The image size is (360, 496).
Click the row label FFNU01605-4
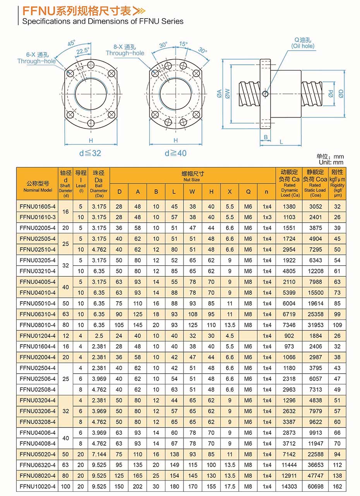tap(38, 206)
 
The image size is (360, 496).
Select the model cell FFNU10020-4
tap(38, 486)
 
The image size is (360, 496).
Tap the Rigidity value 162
tap(337, 486)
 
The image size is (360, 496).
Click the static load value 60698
tap(315, 486)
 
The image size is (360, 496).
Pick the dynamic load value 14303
tap(289, 486)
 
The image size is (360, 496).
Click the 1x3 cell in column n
tap(267, 217)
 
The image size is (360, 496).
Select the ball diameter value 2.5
tap(99, 336)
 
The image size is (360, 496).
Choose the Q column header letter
tap(248, 191)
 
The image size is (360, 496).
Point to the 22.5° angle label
tap(82, 51)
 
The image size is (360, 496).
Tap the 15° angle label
tap(183, 44)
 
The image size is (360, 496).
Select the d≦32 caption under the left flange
tap(90, 153)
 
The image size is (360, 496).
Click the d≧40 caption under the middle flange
tap(175, 153)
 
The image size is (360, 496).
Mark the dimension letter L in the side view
tap(281, 142)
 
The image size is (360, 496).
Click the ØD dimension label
tap(341, 93)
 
